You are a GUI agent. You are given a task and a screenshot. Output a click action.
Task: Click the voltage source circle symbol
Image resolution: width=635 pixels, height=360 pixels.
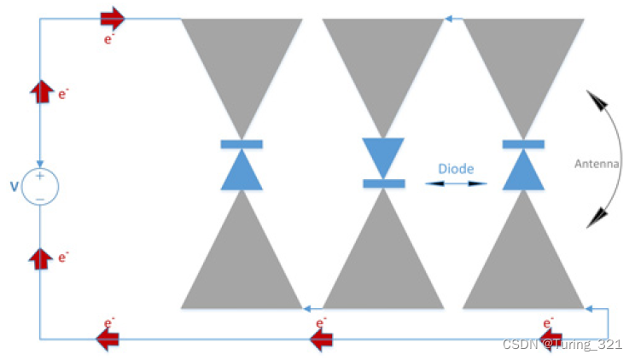40,187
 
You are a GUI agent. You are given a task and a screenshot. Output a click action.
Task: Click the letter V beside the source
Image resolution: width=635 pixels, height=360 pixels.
14,186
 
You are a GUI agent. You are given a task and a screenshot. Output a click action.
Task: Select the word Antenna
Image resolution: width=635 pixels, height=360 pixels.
597,165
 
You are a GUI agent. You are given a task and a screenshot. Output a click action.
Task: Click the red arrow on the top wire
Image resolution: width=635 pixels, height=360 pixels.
113,18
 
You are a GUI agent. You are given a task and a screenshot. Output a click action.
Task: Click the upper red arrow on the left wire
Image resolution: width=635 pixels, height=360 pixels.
40,91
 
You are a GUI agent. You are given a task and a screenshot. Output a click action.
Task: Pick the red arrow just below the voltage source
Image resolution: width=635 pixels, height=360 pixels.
40,258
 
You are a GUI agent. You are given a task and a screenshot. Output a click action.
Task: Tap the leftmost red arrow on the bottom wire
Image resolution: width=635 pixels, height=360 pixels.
107,340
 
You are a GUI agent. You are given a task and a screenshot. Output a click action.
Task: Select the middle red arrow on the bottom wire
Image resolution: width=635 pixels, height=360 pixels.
320,340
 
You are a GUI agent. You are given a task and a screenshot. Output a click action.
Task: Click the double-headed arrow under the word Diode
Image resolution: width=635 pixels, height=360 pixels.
457,183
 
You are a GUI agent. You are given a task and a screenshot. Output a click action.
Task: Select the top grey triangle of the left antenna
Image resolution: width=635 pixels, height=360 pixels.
242,60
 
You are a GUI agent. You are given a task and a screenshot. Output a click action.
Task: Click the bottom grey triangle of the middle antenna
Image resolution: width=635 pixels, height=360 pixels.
383,264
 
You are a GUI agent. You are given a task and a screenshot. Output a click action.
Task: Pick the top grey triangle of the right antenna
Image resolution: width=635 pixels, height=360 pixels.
523,60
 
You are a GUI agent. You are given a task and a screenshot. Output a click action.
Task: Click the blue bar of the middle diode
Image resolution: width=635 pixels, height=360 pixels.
383,183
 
